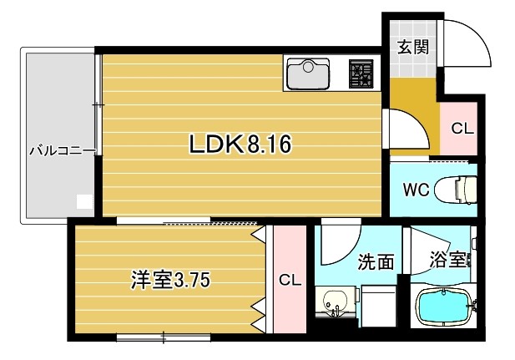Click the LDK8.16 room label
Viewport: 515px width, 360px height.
pyautogui.click(x=240, y=144)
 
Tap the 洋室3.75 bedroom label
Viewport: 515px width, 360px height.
pyautogui.click(x=170, y=281)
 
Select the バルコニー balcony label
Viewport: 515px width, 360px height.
pyautogui.click(x=63, y=151)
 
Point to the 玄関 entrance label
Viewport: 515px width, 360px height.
pyautogui.click(x=413, y=47)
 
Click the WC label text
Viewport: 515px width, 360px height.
pyautogui.click(x=417, y=190)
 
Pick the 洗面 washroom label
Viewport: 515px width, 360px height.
pyautogui.click(x=376, y=261)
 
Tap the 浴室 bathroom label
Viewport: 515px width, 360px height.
pyautogui.click(x=449, y=260)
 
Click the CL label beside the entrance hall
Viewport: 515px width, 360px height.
pyautogui.click(x=462, y=128)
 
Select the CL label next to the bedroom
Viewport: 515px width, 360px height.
pyautogui.click(x=290, y=281)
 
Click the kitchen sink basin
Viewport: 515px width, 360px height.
pyautogui.click(x=308, y=74)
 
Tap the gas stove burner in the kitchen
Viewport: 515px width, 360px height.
pyautogui.click(x=361, y=74)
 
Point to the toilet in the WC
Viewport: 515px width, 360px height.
pyautogui.click(x=456, y=190)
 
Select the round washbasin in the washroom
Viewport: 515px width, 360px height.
pyautogui.click(x=335, y=300)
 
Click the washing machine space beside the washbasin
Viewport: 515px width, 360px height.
pyautogui.click(x=378, y=307)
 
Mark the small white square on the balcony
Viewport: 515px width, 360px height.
pyautogui.click(x=85, y=201)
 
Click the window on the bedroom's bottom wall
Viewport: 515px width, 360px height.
pyautogui.click(x=164, y=337)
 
